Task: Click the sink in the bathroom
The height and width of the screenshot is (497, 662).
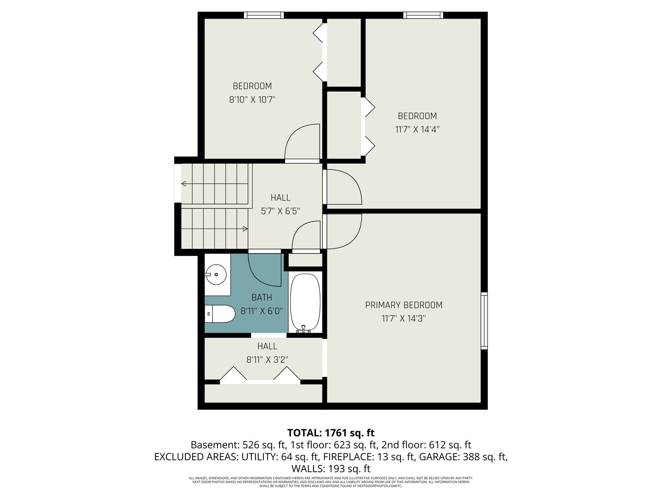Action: pyautogui.click(x=216, y=275)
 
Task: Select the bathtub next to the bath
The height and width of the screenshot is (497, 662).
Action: pyautogui.click(x=305, y=303)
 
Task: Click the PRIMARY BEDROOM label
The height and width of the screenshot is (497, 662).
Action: pyautogui.click(x=404, y=305)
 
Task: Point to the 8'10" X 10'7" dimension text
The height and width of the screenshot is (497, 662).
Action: pyautogui.click(x=252, y=99)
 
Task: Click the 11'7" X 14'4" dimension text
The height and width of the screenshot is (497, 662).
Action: pyautogui.click(x=417, y=129)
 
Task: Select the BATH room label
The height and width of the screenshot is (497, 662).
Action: pyautogui.click(x=262, y=298)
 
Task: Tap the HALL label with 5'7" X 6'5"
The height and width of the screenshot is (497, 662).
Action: pyautogui.click(x=280, y=197)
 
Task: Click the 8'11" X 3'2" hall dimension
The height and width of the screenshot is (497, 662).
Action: pyautogui.click(x=267, y=360)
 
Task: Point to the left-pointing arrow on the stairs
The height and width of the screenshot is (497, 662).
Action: pyautogui.click(x=184, y=184)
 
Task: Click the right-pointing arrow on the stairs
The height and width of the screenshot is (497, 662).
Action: pyautogui.click(x=245, y=229)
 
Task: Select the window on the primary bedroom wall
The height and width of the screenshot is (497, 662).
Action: pyautogui.click(x=484, y=320)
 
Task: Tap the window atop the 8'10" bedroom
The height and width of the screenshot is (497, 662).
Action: pyautogui.click(x=263, y=15)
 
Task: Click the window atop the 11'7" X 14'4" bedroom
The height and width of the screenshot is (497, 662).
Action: pyautogui.click(x=423, y=15)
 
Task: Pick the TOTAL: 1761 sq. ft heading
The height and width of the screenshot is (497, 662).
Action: pyautogui.click(x=331, y=433)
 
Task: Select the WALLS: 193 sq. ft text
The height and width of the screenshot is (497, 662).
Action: pyautogui.click(x=331, y=469)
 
